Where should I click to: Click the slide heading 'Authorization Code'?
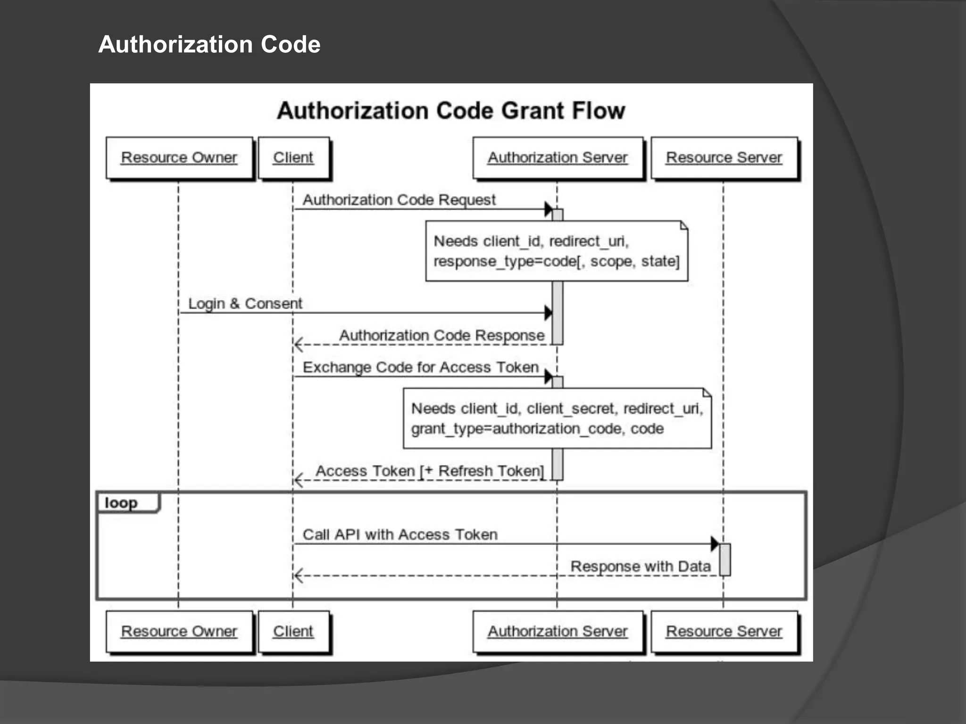click(x=209, y=45)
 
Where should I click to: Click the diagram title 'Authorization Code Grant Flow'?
click(x=451, y=111)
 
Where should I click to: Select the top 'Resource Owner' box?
click(x=179, y=157)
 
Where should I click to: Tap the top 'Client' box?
click(x=293, y=157)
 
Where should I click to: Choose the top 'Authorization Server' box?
click(x=558, y=157)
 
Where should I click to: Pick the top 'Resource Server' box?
click(x=724, y=157)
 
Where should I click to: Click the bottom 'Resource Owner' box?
click(x=179, y=631)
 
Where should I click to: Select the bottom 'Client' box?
click(x=293, y=631)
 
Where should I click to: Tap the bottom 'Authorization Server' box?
click(x=558, y=631)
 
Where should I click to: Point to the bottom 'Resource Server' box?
click(x=724, y=631)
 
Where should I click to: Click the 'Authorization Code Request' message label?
click(x=399, y=200)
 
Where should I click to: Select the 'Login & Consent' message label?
click(x=245, y=304)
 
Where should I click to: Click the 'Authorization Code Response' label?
click(x=442, y=336)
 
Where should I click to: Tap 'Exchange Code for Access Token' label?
click(x=421, y=367)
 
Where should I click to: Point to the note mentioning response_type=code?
click(x=557, y=251)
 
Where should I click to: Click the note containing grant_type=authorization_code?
click(x=557, y=419)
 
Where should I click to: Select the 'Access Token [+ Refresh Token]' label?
click(x=430, y=471)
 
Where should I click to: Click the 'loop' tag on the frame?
click(x=122, y=503)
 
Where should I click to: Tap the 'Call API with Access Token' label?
click(x=400, y=535)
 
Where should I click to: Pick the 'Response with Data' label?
click(x=641, y=566)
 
